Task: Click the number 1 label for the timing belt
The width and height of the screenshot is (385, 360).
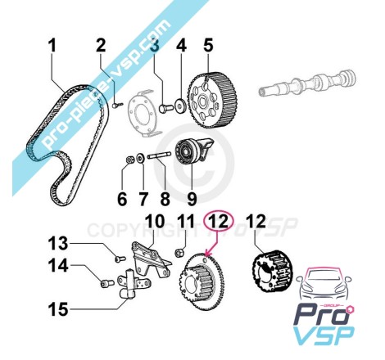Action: pos(52,45)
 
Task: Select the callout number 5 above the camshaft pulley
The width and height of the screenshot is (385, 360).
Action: pos(208,45)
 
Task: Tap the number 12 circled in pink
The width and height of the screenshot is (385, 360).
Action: pos(220,221)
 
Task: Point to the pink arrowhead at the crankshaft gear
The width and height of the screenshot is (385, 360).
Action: pos(208,254)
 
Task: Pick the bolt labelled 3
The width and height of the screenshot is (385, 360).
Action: pos(165,109)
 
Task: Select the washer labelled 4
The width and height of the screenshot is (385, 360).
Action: pos(180,106)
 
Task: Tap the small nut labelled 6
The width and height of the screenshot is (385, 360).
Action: pos(129,160)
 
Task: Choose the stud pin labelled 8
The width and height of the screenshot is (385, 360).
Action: pos(159,155)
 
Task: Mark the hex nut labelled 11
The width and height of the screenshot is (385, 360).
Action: pos(179,253)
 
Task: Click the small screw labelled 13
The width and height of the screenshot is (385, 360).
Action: pos(120,258)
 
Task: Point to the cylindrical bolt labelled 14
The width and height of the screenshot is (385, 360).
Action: pos(106,284)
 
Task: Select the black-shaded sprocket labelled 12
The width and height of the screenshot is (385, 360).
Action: pos(272,272)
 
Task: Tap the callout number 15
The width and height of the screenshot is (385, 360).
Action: pos(58,309)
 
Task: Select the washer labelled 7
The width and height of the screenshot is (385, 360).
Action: pos(141,159)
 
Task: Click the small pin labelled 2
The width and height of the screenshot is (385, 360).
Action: pos(118,105)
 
